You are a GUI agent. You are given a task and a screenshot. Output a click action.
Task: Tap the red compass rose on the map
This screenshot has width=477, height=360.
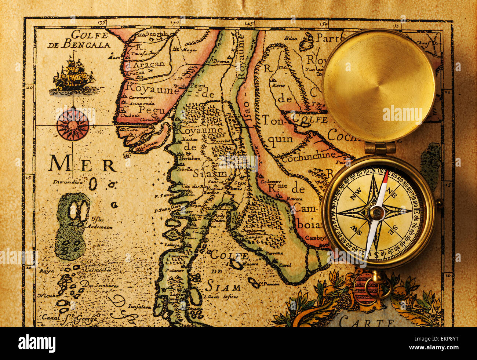point(73,125)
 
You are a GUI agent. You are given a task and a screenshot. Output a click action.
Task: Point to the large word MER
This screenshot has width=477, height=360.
point(83,164)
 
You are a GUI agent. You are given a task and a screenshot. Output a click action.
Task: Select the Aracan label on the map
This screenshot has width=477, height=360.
point(149,64)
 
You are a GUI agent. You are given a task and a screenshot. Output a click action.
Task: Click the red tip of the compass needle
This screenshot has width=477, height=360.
point(385,177)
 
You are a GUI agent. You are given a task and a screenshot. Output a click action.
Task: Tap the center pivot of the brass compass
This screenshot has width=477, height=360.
point(377,212)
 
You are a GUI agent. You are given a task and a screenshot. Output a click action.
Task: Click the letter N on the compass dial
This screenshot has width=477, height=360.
point(373,171)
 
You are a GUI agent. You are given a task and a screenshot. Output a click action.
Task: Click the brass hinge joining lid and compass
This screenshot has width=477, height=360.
point(380,148)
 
